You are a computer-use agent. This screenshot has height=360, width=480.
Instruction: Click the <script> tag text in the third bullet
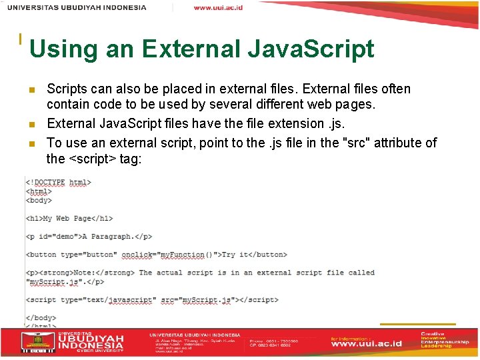(x=93, y=159)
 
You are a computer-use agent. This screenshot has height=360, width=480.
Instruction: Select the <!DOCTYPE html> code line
(x=59, y=182)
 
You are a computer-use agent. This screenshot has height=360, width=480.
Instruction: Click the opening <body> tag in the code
(x=39, y=199)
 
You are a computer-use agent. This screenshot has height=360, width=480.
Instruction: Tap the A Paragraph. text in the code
(x=107, y=236)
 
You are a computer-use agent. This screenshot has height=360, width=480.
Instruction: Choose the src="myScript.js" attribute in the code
(x=199, y=300)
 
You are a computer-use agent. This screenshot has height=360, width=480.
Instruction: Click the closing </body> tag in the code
(x=41, y=317)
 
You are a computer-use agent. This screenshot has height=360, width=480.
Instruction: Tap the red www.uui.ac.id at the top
(x=218, y=7)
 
